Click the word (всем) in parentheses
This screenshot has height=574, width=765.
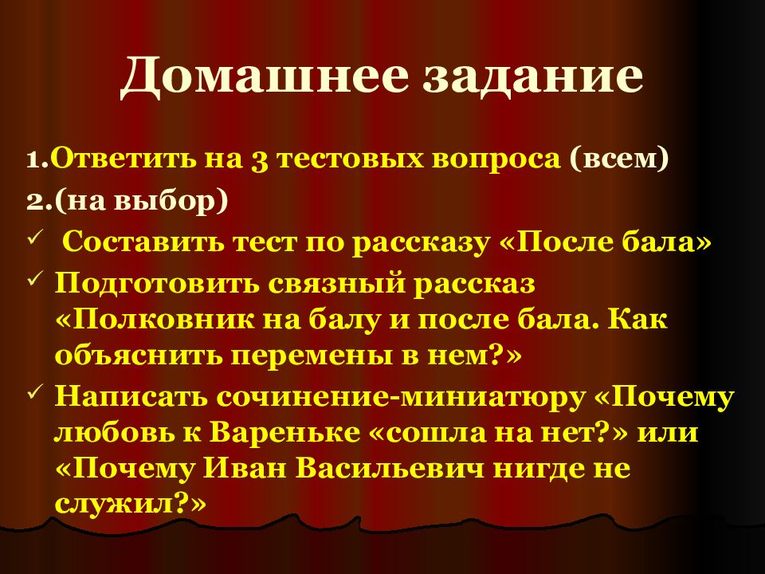(618, 159)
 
